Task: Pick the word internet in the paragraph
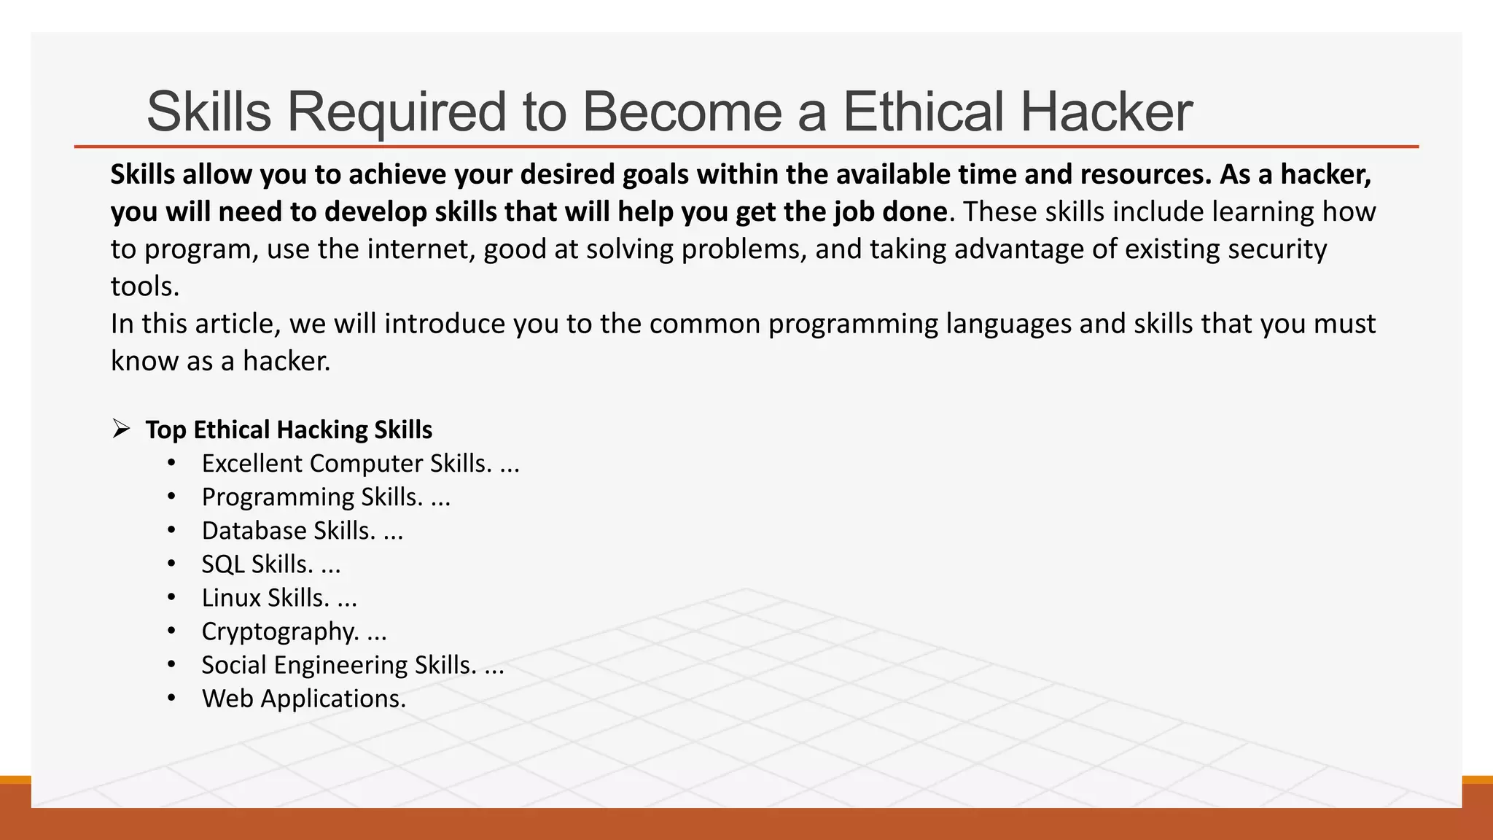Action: coord(421,249)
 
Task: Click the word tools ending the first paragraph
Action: coord(144,287)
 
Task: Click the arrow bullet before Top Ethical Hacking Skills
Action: coord(121,429)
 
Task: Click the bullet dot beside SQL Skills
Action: coord(171,564)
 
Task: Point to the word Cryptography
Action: coord(281,631)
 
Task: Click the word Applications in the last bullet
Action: coord(333,699)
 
